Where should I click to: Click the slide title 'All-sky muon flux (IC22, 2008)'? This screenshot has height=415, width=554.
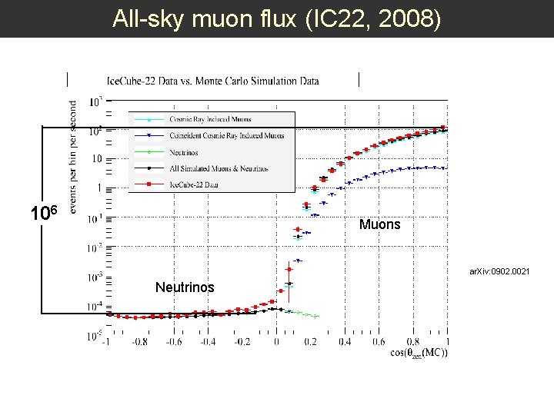pos(277,18)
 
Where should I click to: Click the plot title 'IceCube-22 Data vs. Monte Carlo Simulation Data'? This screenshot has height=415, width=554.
pos(213,81)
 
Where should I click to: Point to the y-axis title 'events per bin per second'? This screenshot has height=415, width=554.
pos(74,154)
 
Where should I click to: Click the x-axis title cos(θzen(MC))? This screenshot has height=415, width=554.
pos(419,353)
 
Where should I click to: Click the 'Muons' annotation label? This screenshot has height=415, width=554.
pos(379,225)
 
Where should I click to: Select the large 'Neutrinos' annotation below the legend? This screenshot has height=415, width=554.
pos(185,287)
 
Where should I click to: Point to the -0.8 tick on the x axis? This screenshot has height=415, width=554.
pos(140,342)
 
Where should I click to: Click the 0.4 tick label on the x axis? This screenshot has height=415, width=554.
pos(345,342)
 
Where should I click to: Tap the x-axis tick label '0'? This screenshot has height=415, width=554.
pos(277,342)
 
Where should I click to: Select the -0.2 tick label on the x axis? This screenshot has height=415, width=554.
pos(242,342)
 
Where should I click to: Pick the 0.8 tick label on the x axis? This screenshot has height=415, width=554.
pos(413,342)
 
